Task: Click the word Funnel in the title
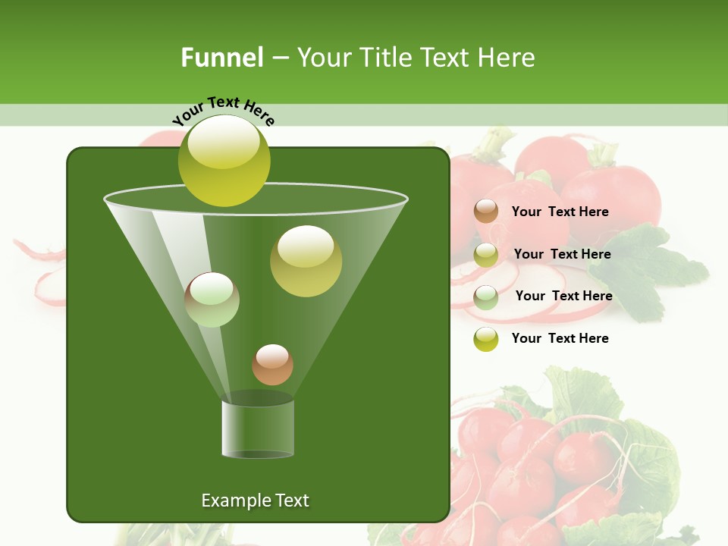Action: tap(221, 58)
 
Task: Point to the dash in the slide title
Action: tap(279, 58)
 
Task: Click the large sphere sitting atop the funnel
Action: tap(224, 161)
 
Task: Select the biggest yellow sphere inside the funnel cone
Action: tap(306, 261)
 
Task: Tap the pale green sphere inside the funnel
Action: tap(212, 300)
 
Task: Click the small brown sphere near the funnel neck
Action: tap(272, 365)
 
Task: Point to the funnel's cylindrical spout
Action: tap(258, 428)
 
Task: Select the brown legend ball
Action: tap(486, 212)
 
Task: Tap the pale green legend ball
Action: tap(486, 297)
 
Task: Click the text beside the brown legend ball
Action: tap(560, 212)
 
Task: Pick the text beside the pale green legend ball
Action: tap(563, 296)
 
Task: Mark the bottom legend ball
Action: tap(486, 339)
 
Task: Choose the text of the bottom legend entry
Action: tap(560, 338)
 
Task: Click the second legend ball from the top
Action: tap(486, 254)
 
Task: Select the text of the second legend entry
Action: tap(562, 254)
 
